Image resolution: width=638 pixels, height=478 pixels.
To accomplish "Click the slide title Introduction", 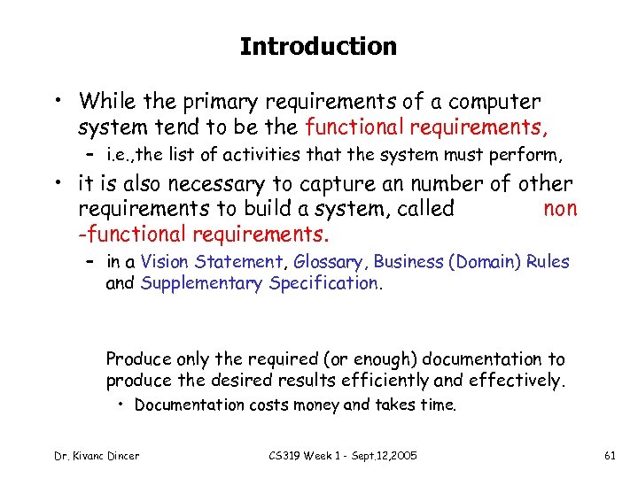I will pyautogui.click(x=318, y=46).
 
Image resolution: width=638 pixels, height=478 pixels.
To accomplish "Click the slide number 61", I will pyautogui.click(x=609, y=456).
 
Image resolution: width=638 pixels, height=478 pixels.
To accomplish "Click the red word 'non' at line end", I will pyautogui.click(x=559, y=209).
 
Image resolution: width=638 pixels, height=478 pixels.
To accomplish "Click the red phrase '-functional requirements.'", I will pyautogui.click(x=204, y=235).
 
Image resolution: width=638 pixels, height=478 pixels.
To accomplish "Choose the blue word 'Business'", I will pyautogui.click(x=408, y=262).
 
